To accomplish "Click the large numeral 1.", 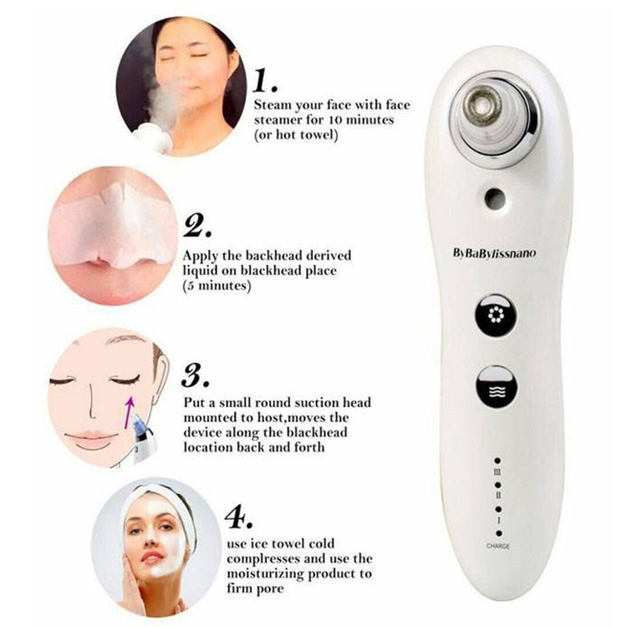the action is pyautogui.click(x=265, y=80).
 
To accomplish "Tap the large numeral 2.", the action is pyautogui.click(x=196, y=227).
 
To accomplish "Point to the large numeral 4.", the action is pyautogui.click(x=238, y=517).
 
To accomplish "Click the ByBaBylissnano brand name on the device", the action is pyautogui.click(x=494, y=253).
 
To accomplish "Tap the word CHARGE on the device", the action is pyautogui.click(x=498, y=546).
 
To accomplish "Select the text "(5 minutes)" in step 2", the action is pyautogui.click(x=217, y=286).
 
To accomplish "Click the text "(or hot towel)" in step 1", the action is pyautogui.click(x=296, y=135).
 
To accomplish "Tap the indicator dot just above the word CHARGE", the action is pyautogui.click(x=498, y=533).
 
